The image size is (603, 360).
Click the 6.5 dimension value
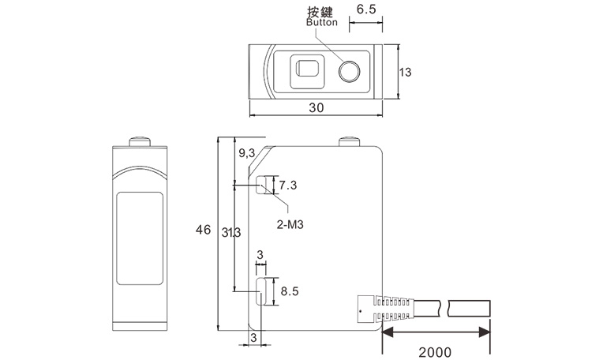point(366,10)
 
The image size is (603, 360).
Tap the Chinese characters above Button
point(322,12)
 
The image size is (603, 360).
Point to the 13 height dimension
point(406,72)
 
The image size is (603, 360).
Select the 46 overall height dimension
point(203,231)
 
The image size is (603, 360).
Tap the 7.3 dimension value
point(288,186)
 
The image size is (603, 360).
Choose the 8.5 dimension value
point(289,291)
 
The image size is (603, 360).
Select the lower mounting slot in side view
point(260,291)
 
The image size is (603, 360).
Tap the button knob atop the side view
point(350,143)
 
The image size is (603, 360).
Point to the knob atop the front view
point(140,143)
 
